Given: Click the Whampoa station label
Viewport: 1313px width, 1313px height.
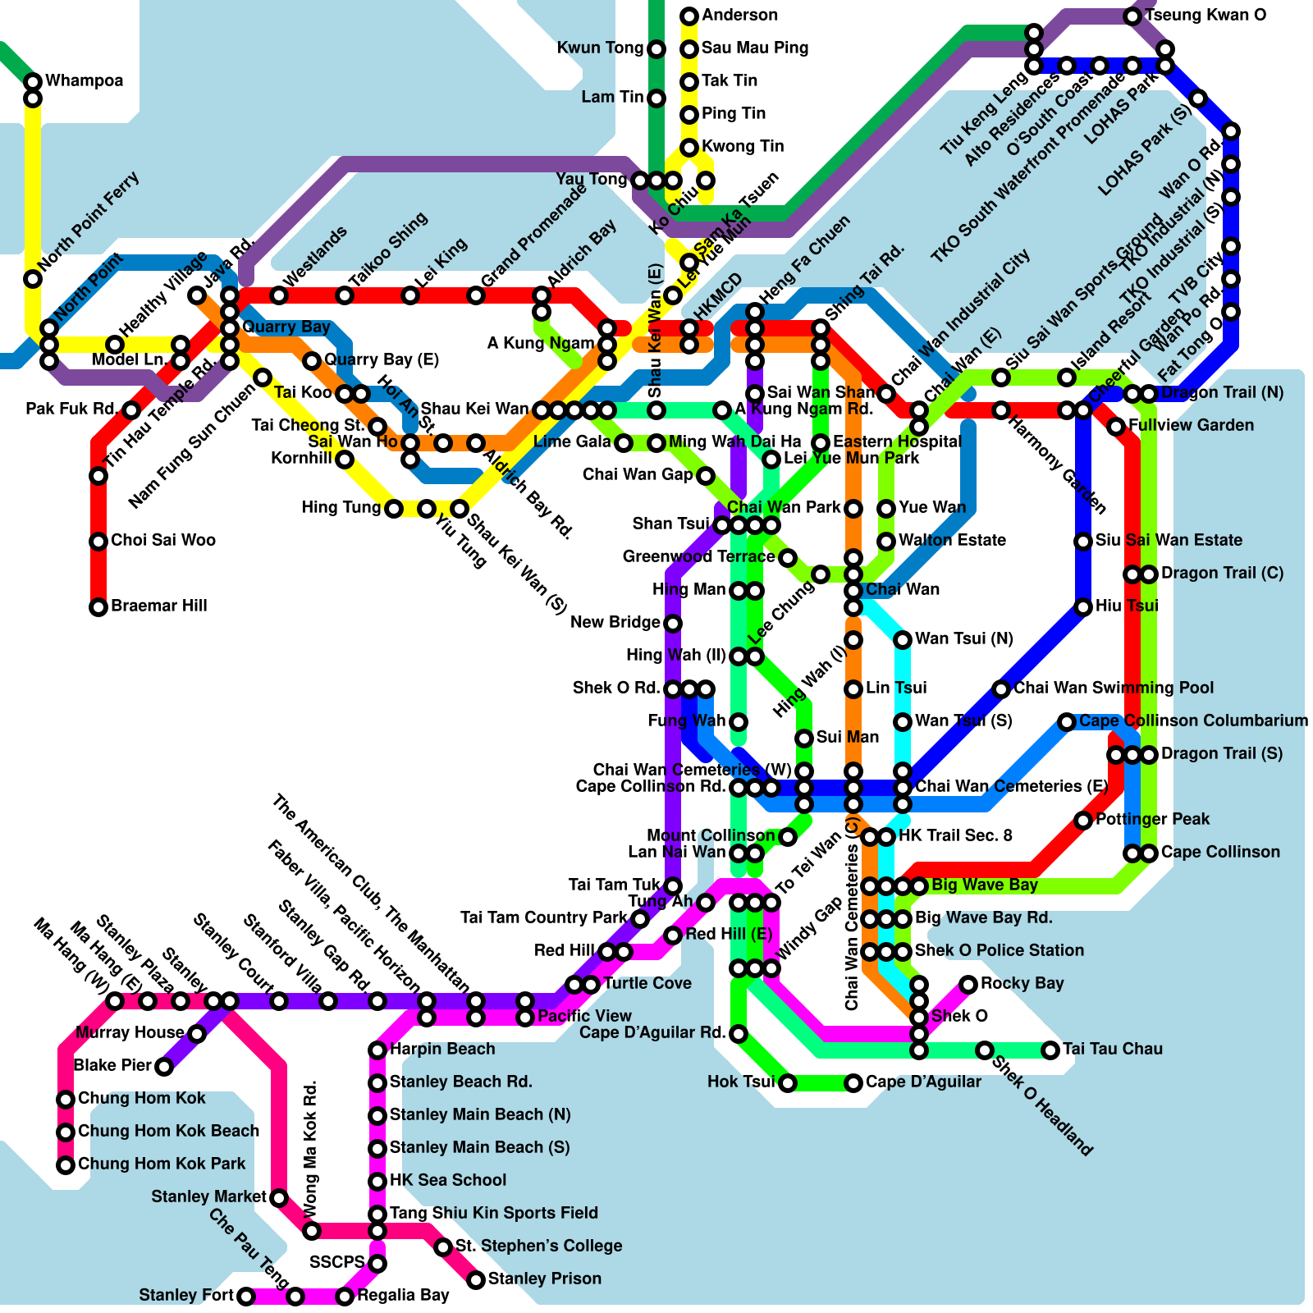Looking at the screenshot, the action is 84,80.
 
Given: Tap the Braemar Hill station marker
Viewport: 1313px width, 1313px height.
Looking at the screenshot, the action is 98,607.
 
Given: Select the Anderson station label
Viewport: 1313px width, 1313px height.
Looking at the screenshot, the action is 739,15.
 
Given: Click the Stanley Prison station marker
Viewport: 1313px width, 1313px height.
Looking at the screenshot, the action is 476,1280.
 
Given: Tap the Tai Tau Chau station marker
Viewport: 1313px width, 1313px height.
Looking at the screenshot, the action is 1050,1050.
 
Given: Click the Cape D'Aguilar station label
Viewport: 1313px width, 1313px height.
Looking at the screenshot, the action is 923,1082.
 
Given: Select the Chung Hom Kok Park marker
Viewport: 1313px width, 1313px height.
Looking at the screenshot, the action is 66,1165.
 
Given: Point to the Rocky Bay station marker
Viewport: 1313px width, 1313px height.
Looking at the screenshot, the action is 968,985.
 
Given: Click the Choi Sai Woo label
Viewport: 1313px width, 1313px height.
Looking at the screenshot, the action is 162,540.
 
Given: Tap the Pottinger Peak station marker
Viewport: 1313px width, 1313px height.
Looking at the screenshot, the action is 1083,821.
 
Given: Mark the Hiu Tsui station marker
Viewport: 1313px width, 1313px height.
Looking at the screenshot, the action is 1083,607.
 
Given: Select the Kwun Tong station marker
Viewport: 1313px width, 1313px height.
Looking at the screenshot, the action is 656,49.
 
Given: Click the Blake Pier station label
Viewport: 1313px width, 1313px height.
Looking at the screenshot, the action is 112,1065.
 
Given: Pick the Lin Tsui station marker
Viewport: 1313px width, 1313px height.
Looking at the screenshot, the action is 853,689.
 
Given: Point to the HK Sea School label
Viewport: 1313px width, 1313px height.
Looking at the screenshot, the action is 447,1180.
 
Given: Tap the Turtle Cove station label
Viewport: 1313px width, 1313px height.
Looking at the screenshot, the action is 647,983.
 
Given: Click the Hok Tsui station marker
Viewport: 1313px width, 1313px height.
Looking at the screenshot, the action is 788,1083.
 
